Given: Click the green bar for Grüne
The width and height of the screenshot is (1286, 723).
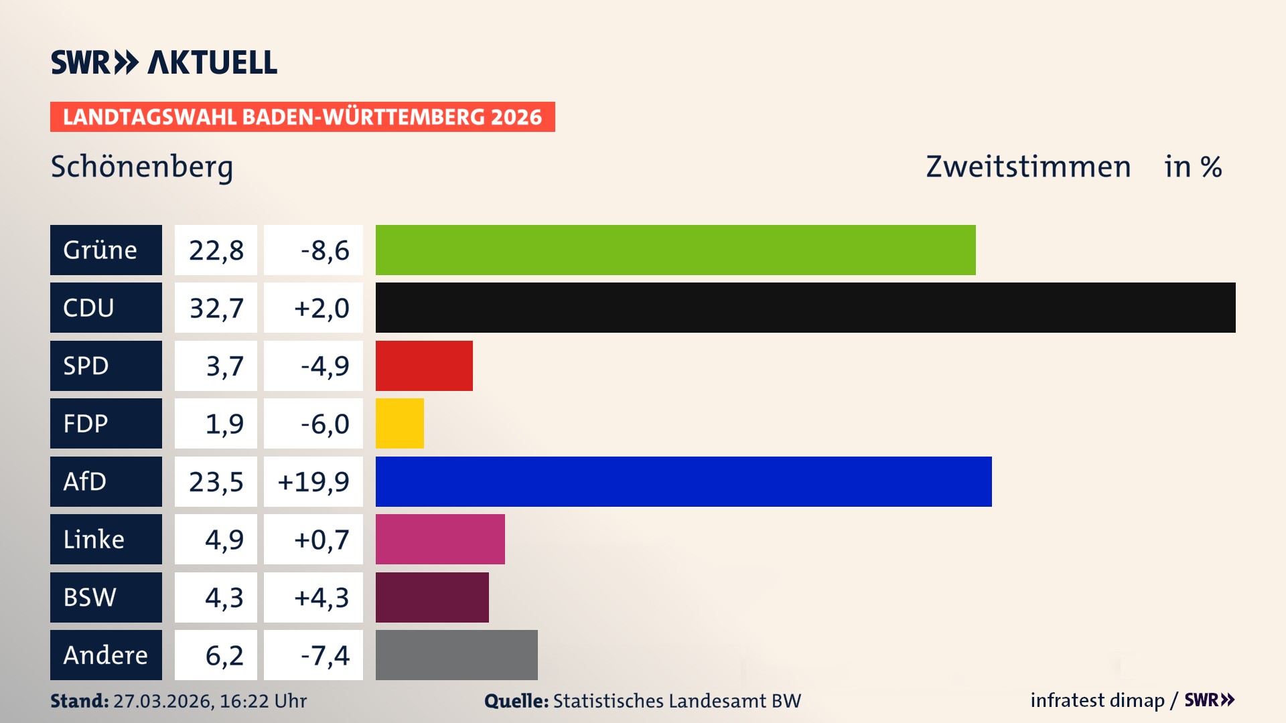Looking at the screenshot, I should (x=675, y=250).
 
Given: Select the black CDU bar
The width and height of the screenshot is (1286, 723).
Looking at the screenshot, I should (x=805, y=307).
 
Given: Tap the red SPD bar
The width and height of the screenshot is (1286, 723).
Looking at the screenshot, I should (x=424, y=366).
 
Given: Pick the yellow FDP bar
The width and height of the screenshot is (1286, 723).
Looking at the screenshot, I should (x=399, y=423).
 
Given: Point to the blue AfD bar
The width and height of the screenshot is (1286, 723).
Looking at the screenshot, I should (x=683, y=481).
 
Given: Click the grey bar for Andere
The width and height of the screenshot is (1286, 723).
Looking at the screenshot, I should (x=456, y=655).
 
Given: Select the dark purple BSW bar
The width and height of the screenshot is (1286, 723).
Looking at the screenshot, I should (x=432, y=597).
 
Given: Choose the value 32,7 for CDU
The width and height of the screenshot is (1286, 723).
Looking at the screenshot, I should (x=216, y=308).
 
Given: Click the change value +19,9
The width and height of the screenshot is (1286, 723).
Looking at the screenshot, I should (x=313, y=481).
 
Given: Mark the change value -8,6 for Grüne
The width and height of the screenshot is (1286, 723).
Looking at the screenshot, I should (x=324, y=250).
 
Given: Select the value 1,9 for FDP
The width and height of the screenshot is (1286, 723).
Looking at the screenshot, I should (x=224, y=424).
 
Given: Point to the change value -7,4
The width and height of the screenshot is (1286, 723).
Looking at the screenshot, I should (x=324, y=655).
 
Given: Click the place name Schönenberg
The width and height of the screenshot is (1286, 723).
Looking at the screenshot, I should (x=142, y=167).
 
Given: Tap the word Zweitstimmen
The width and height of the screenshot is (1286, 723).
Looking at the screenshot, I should (x=1027, y=167).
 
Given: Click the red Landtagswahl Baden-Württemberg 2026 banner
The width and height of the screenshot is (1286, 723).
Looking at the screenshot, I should (x=302, y=116).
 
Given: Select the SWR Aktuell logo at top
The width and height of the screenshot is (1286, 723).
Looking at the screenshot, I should (x=163, y=62).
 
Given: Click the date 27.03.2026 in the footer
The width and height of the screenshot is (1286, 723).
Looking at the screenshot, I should (x=163, y=701).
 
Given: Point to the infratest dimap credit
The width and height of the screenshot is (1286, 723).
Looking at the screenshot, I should (x=1096, y=700).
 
